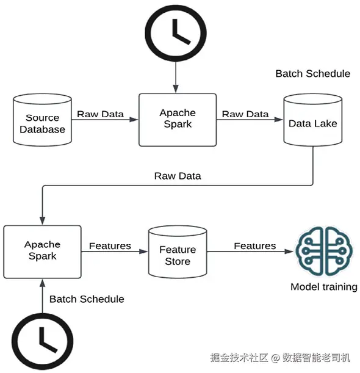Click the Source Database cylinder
point(42,120)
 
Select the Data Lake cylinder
point(313,120)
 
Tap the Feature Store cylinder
point(178,252)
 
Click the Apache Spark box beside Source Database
point(178,120)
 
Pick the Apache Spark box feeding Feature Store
point(42,252)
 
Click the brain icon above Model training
point(324,251)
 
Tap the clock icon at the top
point(176,33)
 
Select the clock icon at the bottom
point(43,342)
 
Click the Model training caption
point(324,287)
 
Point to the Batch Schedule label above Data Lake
point(313,74)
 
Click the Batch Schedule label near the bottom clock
point(87,299)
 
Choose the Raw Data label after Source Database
point(100,114)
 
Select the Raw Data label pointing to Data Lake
point(245,114)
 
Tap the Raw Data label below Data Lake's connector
point(178,176)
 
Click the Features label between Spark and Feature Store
point(110,246)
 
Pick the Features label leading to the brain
point(255,246)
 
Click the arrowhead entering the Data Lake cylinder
point(279,120)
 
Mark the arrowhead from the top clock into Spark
point(176,89)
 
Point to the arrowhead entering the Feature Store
point(143,252)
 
